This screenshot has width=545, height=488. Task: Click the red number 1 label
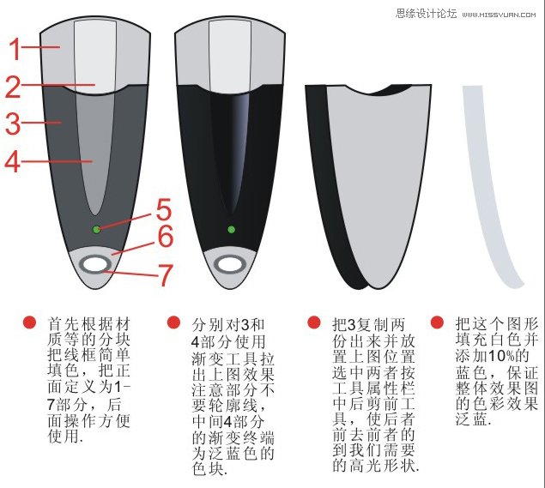click(15, 49)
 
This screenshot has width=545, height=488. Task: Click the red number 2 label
click(14, 87)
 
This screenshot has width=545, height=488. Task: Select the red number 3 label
click(12, 124)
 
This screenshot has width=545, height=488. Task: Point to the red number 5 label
click(163, 210)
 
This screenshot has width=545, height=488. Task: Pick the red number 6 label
click(165, 236)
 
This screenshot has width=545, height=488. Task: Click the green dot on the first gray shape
click(96, 229)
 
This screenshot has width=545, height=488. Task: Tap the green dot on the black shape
click(231, 229)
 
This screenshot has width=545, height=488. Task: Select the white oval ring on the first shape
click(95, 265)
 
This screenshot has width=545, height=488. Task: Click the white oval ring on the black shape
click(230, 265)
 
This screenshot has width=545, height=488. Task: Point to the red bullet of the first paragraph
click(30, 323)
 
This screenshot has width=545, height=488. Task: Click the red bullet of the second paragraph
click(173, 323)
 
